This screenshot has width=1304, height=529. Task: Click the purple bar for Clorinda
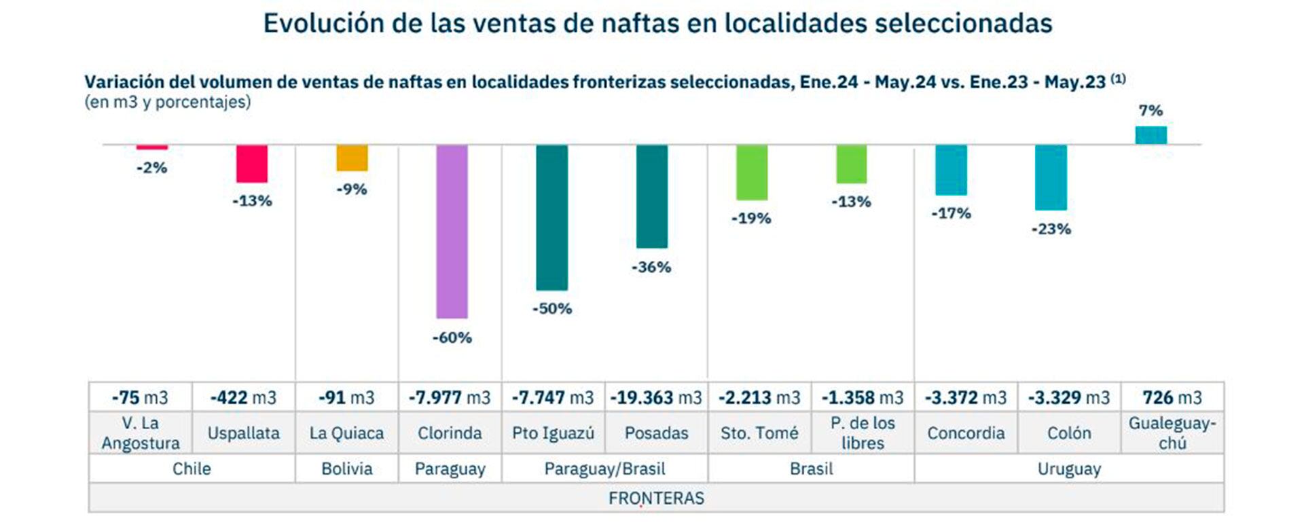[452, 231]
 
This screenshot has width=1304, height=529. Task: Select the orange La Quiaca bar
[352, 158]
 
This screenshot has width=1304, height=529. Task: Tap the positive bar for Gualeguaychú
[1151, 135]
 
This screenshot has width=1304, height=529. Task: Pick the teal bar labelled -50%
[551, 217]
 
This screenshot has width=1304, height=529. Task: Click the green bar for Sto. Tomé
[752, 172]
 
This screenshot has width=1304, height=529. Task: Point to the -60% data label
[452, 338]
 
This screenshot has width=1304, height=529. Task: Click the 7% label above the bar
[1151, 110]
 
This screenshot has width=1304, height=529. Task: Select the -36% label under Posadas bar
[651, 267]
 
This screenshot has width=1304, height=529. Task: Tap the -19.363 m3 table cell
[656, 397]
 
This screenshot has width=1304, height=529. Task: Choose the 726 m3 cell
[1172, 397]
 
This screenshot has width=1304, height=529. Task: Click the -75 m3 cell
[140, 397]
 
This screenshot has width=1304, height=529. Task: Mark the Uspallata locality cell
[243, 433]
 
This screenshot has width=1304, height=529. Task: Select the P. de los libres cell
[863, 433]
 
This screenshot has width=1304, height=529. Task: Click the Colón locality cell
[1069, 433]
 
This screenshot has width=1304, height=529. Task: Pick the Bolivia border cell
[346, 469]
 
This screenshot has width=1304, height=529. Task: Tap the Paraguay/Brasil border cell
[604, 469]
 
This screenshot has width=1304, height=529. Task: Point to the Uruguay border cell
[1069, 469]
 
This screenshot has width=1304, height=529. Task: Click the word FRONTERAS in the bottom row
[656, 498]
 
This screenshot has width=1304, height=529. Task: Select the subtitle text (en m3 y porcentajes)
[168, 102]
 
